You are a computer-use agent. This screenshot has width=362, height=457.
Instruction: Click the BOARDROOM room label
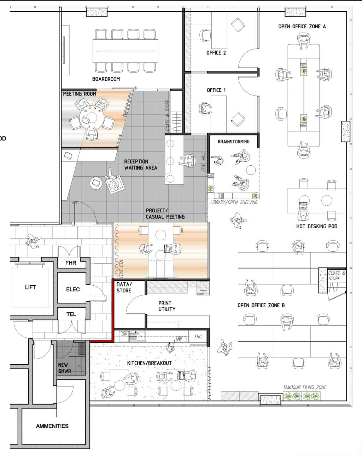coord(106,79)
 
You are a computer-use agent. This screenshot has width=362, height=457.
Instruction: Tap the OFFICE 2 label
coord(216,53)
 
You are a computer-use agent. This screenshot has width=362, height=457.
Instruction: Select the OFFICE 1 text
coord(216,90)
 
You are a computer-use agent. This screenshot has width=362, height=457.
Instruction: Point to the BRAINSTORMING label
coord(233,142)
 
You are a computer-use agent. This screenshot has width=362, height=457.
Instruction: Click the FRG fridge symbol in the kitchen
coord(198,337)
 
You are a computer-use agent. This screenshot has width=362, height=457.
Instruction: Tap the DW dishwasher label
coord(124,334)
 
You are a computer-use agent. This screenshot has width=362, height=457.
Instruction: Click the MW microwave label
coord(179,339)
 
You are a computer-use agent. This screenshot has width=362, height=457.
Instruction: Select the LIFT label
coord(30,287)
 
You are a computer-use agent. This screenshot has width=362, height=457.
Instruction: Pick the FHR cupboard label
coord(71,263)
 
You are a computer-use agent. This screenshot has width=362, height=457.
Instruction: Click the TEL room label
coord(71,314)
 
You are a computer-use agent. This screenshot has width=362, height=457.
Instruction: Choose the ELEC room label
coord(73,290)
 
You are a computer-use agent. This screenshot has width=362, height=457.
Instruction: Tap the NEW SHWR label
coord(65,368)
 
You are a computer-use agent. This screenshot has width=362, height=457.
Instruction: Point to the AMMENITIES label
coord(52,426)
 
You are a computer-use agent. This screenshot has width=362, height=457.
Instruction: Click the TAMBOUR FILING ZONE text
coord(305,387)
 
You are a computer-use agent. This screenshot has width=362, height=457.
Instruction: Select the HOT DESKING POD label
coord(317,227)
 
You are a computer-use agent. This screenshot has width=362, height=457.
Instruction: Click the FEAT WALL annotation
coord(204,162)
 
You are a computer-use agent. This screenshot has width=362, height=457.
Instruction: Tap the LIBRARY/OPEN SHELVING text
coord(234,202)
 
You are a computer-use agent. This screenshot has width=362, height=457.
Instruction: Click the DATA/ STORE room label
coord(124,287)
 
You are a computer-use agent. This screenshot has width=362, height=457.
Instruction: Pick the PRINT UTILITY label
coord(167,306)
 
